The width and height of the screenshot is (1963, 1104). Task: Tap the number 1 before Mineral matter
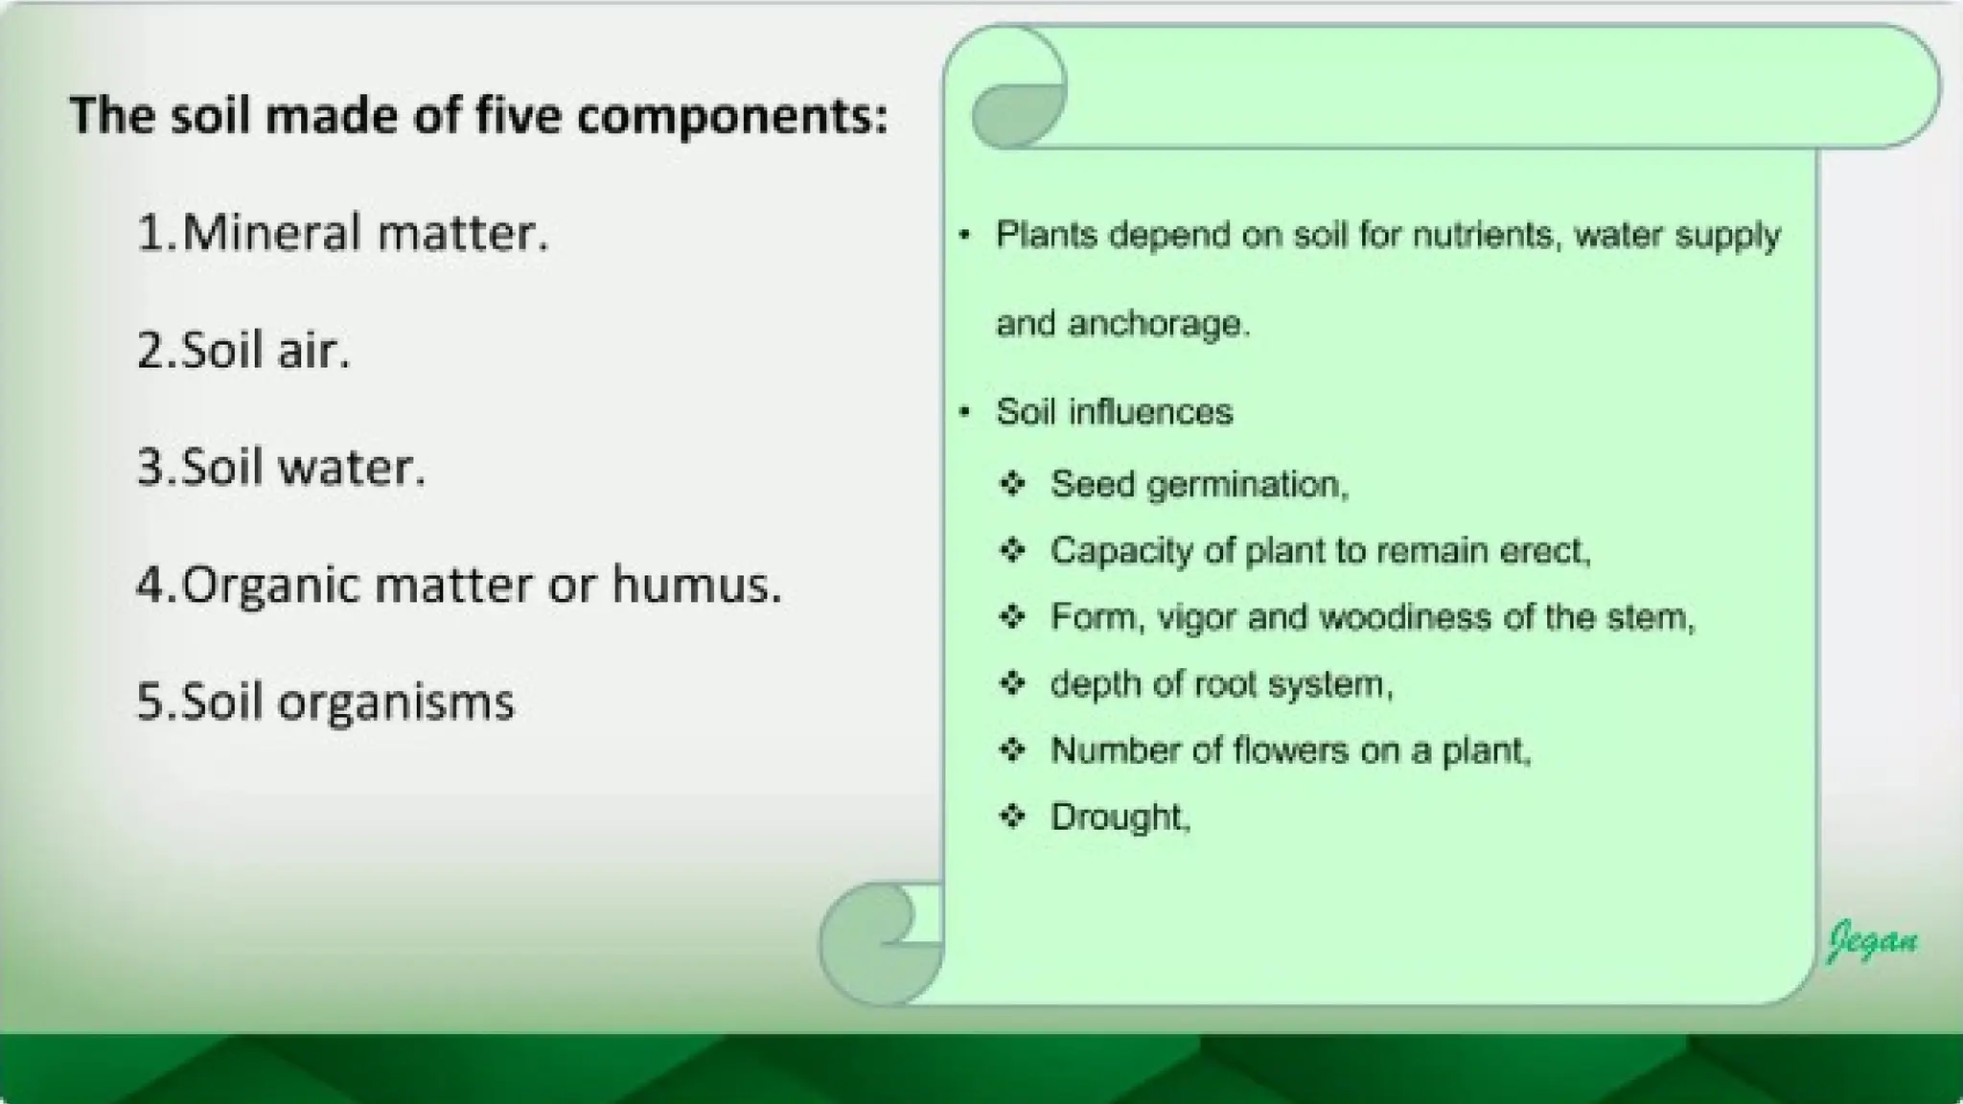click(151, 233)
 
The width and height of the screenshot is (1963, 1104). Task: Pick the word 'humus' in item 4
click(695, 585)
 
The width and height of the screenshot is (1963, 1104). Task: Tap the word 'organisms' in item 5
click(396, 702)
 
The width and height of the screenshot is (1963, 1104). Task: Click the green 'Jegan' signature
click(1872, 940)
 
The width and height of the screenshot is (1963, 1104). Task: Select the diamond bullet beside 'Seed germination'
click(1012, 484)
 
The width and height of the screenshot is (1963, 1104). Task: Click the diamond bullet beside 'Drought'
click(1012, 816)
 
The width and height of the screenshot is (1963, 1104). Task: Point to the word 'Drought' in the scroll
click(1119, 816)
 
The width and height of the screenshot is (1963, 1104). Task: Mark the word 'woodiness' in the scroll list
click(1406, 617)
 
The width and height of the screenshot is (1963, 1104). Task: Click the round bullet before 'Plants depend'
click(965, 235)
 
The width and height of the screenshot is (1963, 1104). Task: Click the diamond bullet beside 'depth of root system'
click(1012, 683)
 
